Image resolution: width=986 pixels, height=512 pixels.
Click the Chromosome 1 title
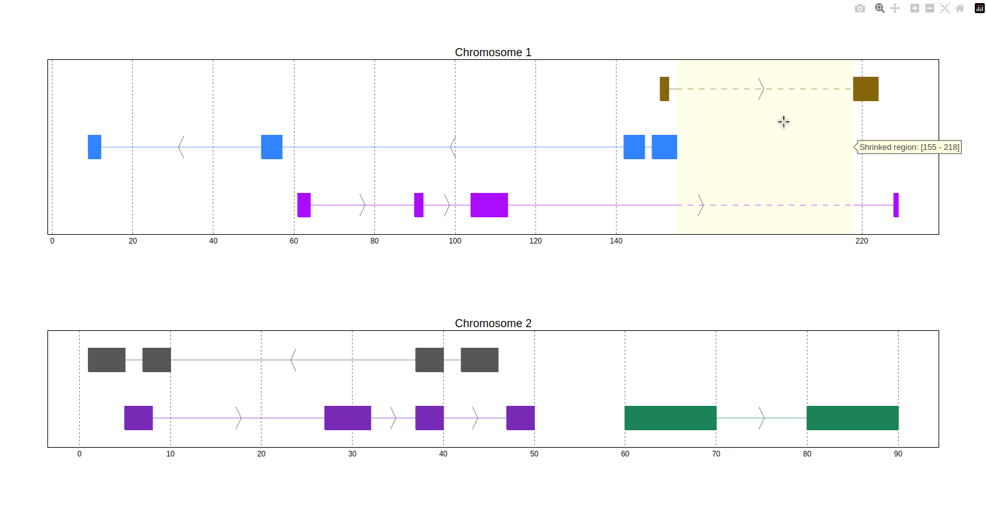tap(493, 52)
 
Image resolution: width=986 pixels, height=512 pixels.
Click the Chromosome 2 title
tap(493, 323)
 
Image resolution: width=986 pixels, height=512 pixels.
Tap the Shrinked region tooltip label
tap(909, 147)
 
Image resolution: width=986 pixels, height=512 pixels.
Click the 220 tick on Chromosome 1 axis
tap(862, 241)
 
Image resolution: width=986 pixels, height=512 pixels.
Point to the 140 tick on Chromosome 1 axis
tap(616, 241)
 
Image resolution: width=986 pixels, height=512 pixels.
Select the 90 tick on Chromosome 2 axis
tap(898, 454)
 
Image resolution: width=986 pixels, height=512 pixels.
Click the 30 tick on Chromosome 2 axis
tap(352, 454)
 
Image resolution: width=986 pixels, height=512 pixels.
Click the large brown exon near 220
tap(866, 89)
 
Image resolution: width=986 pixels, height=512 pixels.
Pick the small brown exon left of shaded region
tap(664, 89)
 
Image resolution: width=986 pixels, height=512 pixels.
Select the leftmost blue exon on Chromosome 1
tap(94, 147)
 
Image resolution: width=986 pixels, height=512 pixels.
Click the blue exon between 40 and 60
tap(271, 147)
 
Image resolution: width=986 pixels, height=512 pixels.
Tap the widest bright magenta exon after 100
tap(489, 205)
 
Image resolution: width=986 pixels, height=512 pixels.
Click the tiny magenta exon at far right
tap(896, 205)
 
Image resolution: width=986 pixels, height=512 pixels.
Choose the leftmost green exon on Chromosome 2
tap(670, 418)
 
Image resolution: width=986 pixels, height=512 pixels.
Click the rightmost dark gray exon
tap(479, 360)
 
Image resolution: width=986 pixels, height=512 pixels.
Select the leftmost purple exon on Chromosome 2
tap(139, 418)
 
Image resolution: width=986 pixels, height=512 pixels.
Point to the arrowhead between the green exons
tap(761, 418)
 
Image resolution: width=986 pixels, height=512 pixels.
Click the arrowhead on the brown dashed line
tap(761, 89)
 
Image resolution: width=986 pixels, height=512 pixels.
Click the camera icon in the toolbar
tap(860, 8)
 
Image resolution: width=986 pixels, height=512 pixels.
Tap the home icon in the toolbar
tap(960, 8)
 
